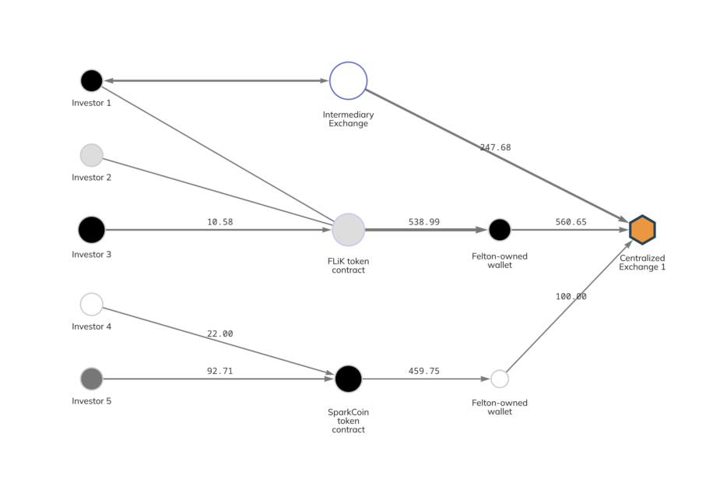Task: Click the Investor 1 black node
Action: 92,80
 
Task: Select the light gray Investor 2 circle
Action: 92,155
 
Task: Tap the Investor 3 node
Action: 92,230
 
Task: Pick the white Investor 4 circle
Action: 92,304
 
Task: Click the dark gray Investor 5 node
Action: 92,379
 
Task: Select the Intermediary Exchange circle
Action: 348,80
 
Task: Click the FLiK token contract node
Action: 348,230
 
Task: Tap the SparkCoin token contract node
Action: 348,379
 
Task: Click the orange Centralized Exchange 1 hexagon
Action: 642,230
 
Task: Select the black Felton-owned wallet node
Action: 500,230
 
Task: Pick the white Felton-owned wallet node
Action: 500,379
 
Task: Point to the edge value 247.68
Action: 495,147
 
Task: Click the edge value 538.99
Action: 423,222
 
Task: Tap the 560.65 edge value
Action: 571,222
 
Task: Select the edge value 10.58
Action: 220,222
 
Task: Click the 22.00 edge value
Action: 220,334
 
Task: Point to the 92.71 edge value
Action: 220,371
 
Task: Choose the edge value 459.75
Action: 423,371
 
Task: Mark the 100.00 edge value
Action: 571,296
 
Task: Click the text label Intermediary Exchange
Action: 348,118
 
